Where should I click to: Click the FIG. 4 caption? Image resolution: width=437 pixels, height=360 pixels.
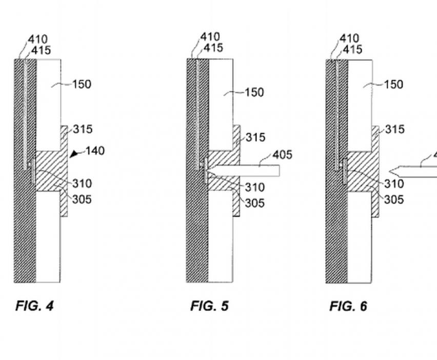tap(34, 306)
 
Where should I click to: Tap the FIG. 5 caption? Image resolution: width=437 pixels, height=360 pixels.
tap(209, 306)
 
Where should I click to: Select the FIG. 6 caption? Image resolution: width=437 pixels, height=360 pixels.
tap(348, 306)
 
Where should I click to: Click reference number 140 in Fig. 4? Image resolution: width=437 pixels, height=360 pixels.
tap(95, 151)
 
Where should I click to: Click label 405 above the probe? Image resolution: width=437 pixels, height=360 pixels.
tap(283, 155)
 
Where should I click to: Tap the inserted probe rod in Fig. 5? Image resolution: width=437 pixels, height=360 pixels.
tap(246, 171)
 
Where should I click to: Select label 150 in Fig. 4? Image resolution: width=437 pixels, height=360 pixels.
tap(82, 84)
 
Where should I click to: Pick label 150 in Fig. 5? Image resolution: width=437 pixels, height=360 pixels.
tap(254, 92)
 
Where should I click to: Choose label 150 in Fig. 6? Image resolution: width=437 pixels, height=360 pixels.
tap(393, 84)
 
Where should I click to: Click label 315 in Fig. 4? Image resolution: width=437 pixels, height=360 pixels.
tap(83, 129)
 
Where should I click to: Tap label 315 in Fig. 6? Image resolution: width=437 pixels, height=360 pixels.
tap(395, 129)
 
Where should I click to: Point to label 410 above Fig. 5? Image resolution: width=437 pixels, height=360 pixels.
tap(210, 37)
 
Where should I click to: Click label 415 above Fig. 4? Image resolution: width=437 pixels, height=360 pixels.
tap(41, 50)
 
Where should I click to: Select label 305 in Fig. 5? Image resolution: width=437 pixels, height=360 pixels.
tap(255, 203)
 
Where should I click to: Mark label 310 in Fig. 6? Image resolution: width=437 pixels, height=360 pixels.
tap(394, 184)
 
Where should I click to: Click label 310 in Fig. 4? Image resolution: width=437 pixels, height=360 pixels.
tap(82, 184)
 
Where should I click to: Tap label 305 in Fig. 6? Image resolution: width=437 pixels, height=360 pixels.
tap(394, 199)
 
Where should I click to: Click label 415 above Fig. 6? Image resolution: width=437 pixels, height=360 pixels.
tap(352, 49)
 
